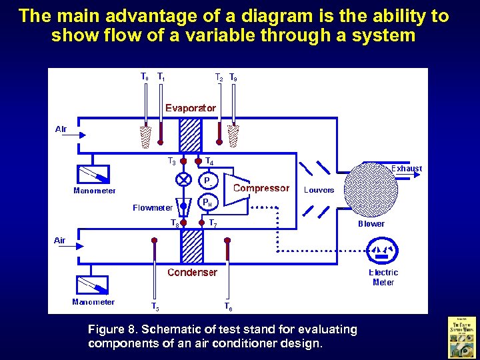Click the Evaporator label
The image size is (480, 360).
tap(191, 107)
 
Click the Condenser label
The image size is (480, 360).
tap(192, 272)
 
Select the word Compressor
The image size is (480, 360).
tap(261, 189)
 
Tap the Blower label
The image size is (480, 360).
tap(371, 224)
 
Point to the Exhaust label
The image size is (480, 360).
tap(406, 169)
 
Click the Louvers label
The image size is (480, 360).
tap(319, 190)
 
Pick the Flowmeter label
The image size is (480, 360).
tap(153, 207)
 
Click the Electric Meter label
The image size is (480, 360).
tap(383, 277)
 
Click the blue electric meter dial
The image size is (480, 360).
tap(383, 250)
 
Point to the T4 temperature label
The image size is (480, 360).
tap(209, 161)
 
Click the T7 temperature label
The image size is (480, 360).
tap(213, 223)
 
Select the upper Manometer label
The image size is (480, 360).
tap(94, 191)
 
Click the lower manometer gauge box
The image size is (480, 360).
tap(94, 285)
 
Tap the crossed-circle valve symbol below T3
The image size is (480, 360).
tap(182, 180)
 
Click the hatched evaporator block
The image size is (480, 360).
tap(191, 135)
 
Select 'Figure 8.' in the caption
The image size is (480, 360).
tap(106, 329)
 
